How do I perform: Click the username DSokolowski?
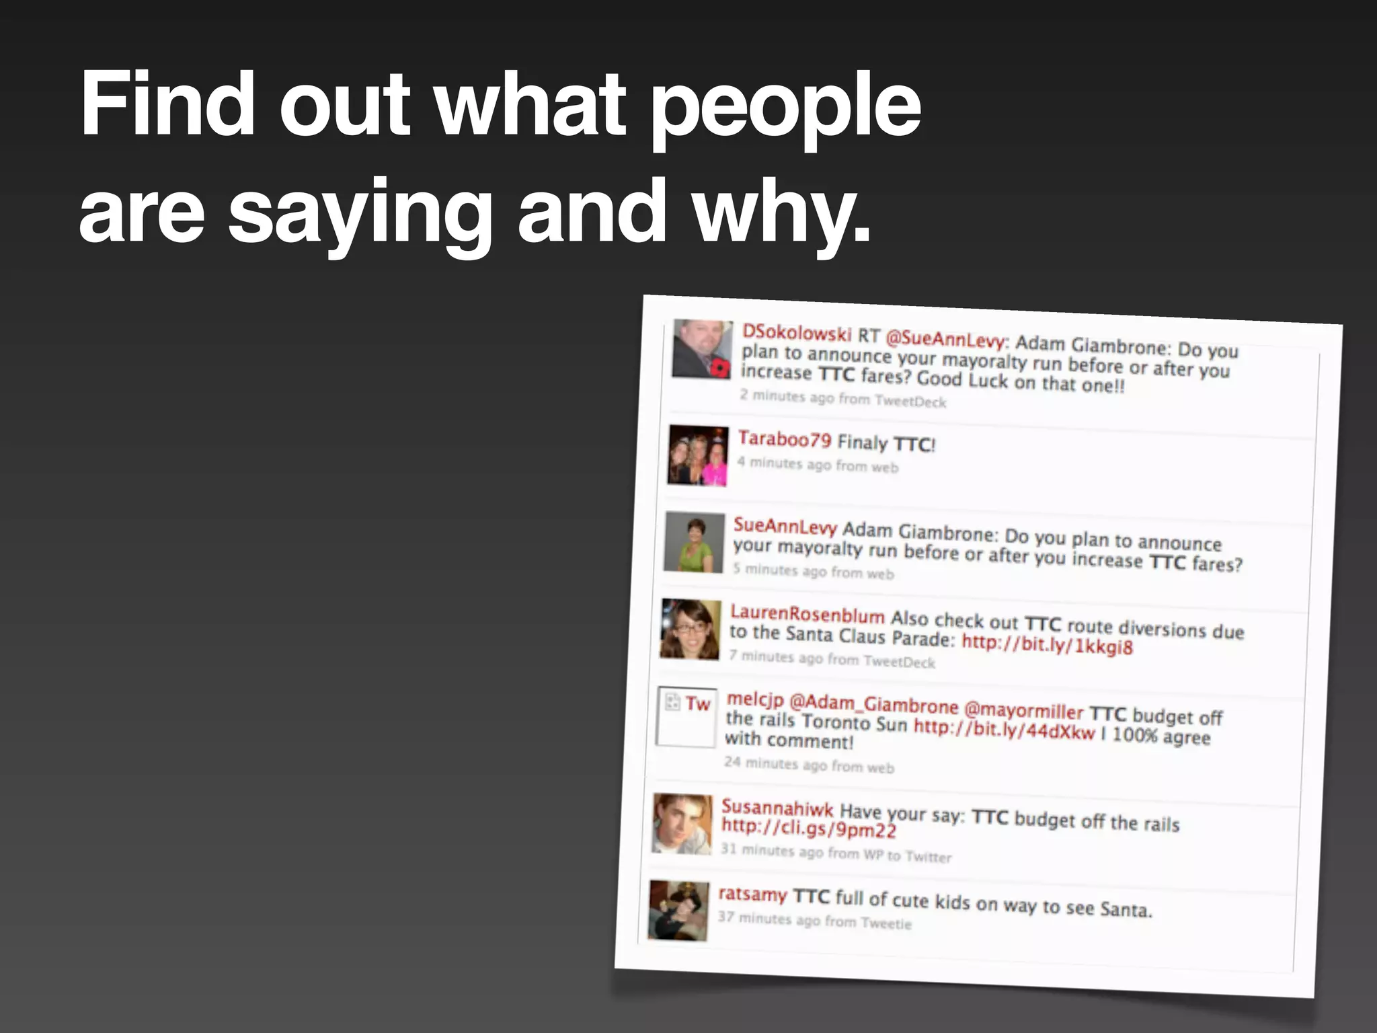pyautogui.click(x=797, y=333)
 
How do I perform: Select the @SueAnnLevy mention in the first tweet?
pyautogui.click(x=945, y=339)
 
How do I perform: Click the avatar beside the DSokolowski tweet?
pyautogui.click(x=702, y=349)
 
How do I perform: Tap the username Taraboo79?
pyautogui.click(x=785, y=439)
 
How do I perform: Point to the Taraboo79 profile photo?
pyautogui.click(x=698, y=455)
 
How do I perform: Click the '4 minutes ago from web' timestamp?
pyautogui.click(x=817, y=464)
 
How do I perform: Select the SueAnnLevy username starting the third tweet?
pyautogui.click(x=785, y=526)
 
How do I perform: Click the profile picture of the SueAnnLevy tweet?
pyautogui.click(x=694, y=542)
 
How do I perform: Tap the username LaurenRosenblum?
pyautogui.click(x=807, y=613)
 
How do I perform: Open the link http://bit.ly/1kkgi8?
pyautogui.click(x=1047, y=644)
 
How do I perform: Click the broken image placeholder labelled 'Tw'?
pyautogui.click(x=686, y=716)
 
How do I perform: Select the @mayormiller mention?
pyautogui.click(x=1023, y=710)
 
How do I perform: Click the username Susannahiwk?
pyautogui.click(x=777, y=808)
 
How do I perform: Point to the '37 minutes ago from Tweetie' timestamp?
pyautogui.click(x=814, y=919)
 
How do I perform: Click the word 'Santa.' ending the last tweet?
pyautogui.click(x=1126, y=909)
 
